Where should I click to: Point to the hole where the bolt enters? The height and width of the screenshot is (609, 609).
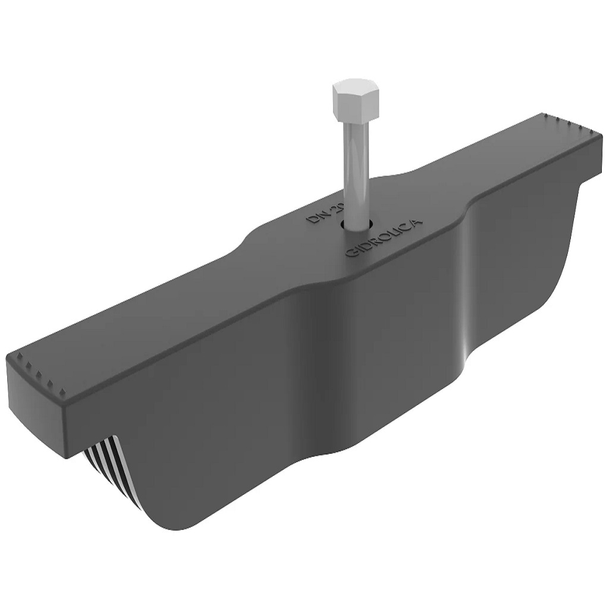[356, 225]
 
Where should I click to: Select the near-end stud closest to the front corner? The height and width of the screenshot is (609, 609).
[62, 393]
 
